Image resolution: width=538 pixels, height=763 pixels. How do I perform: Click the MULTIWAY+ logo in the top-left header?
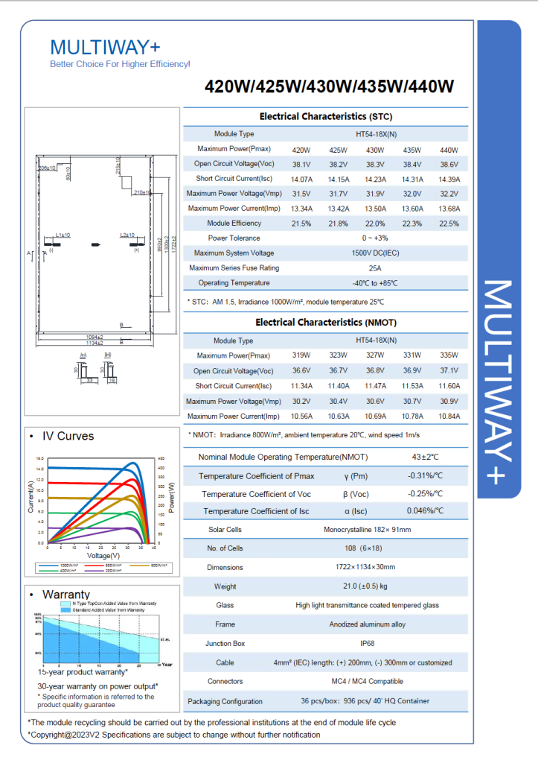coord(104,48)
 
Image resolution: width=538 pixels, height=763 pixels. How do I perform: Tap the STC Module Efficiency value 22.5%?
coord(449,224)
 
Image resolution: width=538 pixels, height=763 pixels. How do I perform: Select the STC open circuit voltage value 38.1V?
coord(301,164)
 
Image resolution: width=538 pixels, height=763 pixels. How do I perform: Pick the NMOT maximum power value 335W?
coord(449,355)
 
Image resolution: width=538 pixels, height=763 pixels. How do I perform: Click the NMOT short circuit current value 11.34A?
coord(301,386)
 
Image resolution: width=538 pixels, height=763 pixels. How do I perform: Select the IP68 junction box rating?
coord(377,643)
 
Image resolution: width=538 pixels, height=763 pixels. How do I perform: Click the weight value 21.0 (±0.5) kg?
coord(377,586)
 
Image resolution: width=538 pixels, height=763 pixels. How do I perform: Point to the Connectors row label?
coord(225,681)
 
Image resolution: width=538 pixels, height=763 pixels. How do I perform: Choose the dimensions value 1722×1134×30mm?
coord(377,567)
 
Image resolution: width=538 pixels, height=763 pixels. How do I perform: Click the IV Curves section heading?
coord(68,436)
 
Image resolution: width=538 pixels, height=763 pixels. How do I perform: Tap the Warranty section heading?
coord(66,594)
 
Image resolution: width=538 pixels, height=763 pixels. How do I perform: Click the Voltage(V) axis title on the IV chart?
coord(103,556)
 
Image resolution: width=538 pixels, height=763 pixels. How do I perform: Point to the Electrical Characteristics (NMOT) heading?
coord(325,323)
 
